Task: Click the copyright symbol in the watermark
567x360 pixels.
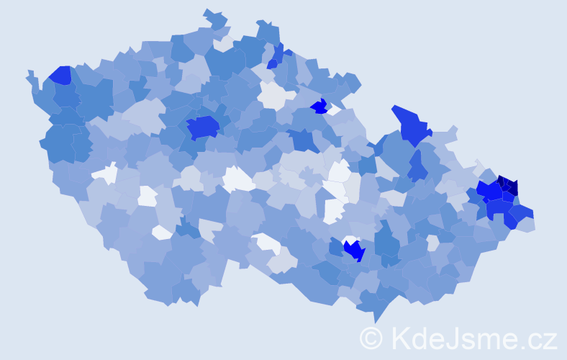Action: (x=371, y=338)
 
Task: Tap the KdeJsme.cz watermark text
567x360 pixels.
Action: (x=471, y=338)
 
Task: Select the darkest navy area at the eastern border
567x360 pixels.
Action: (x=508, y=185)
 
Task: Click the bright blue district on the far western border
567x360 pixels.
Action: (x=60, y=75)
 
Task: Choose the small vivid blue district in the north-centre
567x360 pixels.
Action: (x=319, y=107)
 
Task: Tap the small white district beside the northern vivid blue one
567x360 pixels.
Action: (x=333, y=109)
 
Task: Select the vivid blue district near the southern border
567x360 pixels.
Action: (x=354, y=250)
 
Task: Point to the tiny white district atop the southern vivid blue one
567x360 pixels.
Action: (x=350, y=239)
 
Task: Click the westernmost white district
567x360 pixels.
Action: (x=106, y=174)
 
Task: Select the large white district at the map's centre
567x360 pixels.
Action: (x=237, y=179)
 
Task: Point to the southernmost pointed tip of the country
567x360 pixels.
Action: (x=375, y=321)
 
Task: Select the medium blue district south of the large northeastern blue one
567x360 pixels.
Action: (x=417, y=167)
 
